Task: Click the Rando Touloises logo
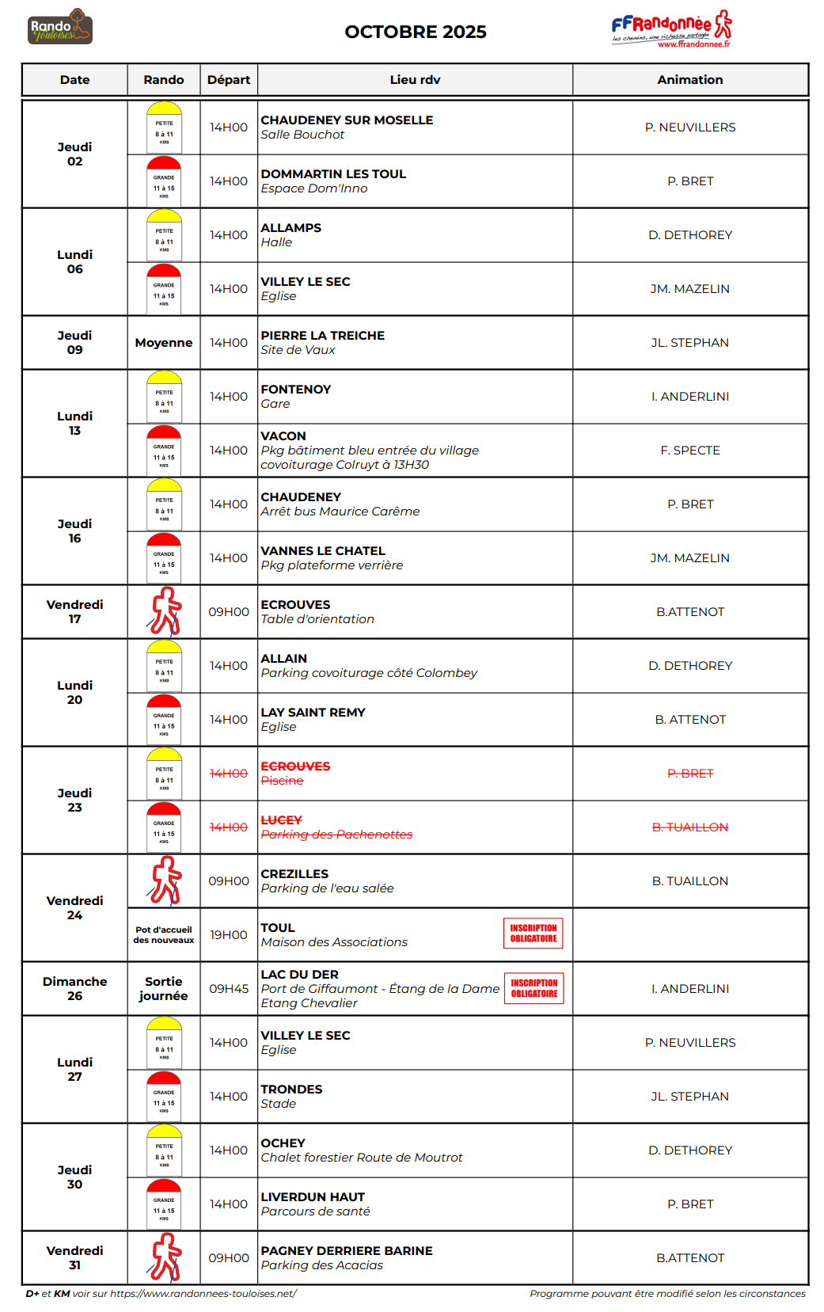[x=60, y=28]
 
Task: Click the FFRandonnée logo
[x=671, y=30]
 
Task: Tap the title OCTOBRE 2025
[x=415, y=32]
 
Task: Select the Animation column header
[x=689, y=80]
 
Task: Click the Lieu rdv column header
[x=415, y=80]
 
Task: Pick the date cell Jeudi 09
[x=74, y=343]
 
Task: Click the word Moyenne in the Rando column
[x=164, y=343]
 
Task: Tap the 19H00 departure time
[x=228, y=935]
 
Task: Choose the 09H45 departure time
[x=228, y=989]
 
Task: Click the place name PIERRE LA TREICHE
[x=322, y=336]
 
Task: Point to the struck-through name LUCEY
[x=281, y=820]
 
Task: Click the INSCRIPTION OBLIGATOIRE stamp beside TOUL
[x=533, y=933]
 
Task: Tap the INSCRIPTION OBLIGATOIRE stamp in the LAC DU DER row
[x=534, y=988]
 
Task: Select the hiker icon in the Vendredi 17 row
[x=165, y=611]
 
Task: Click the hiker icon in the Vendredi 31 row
[x=165, y=1257]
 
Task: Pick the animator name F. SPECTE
[x=689, y=451]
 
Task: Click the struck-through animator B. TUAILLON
[x=689, y=827]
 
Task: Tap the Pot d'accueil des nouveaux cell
[x=164, y=935]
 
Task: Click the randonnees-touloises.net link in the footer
[x=203, y=1294]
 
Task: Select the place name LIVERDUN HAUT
[x=313, y=1197]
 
